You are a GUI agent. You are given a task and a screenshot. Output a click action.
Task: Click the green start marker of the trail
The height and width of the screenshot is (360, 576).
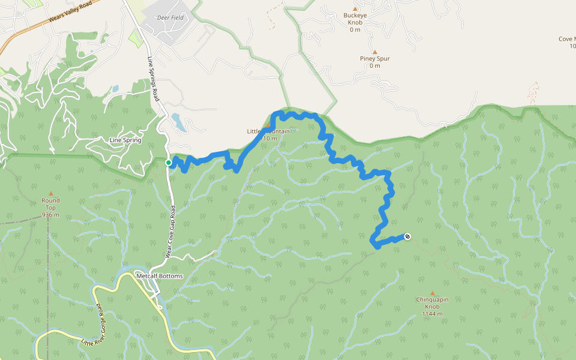pos(169,163)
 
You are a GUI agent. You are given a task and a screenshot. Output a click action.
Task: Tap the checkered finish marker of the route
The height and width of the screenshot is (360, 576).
pos(408,236)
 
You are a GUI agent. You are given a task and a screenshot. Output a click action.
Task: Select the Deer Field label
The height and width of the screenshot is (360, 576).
pos(170,18)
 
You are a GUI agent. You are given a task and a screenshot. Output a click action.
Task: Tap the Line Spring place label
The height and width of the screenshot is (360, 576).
pos(125,140)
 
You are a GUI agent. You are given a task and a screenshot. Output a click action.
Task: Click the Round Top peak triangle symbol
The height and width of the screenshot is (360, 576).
pos(50,193)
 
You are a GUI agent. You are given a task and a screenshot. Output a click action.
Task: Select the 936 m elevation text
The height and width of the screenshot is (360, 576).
pos(50,215)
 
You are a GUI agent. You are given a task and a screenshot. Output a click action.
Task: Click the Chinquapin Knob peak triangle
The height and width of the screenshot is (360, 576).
pos(432,293)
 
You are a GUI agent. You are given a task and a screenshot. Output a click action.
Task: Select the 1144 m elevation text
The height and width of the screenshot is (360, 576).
pos(432,314)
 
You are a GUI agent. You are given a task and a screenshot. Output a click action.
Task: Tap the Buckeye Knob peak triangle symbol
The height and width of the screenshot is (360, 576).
pos(355,8)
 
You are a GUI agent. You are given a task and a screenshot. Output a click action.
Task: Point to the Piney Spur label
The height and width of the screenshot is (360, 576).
pos(375,58)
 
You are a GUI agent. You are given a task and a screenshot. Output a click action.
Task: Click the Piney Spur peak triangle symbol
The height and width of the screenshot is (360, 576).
pos(375,52)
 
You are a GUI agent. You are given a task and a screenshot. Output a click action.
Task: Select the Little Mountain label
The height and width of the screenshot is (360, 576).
pos(268,131)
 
